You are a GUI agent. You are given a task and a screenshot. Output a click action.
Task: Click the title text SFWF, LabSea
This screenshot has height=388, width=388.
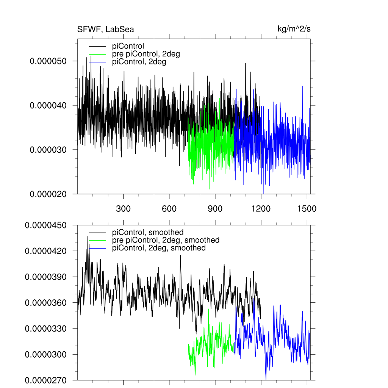(x=105, y=30)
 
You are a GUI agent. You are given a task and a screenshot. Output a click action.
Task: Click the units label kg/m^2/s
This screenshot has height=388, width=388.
(x=294, y=29)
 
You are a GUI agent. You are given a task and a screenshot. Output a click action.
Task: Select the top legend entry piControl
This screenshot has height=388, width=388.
(x=128, y=47)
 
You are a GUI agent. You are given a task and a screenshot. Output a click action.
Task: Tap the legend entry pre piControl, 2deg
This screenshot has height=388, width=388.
(x=146, y=54)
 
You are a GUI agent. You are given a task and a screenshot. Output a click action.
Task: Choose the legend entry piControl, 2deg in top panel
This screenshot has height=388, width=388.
(x=139, y=62)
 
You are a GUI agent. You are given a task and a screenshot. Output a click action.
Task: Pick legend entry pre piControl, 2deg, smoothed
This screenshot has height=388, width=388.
(x=166, y=240)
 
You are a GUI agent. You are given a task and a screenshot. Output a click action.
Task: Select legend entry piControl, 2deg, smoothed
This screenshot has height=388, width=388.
(x=159, y=248)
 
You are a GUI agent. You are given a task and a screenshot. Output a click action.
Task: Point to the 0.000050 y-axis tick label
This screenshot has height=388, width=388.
(x=48, y=61)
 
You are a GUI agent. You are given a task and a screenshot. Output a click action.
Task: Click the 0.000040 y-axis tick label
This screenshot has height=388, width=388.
(x=48, y=105)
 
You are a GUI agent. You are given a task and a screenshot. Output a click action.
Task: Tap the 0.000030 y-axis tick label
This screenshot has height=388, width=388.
(x=48, y=150)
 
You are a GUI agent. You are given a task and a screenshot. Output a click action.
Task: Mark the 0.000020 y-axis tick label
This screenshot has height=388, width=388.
(x=48, y=194)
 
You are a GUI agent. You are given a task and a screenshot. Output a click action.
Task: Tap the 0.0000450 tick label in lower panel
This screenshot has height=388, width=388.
(x=45, y=225)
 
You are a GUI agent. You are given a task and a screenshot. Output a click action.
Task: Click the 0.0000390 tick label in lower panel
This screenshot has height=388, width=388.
(x=45, y=277)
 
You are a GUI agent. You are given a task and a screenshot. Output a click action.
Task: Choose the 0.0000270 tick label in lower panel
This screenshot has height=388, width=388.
(x=45, y=380)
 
